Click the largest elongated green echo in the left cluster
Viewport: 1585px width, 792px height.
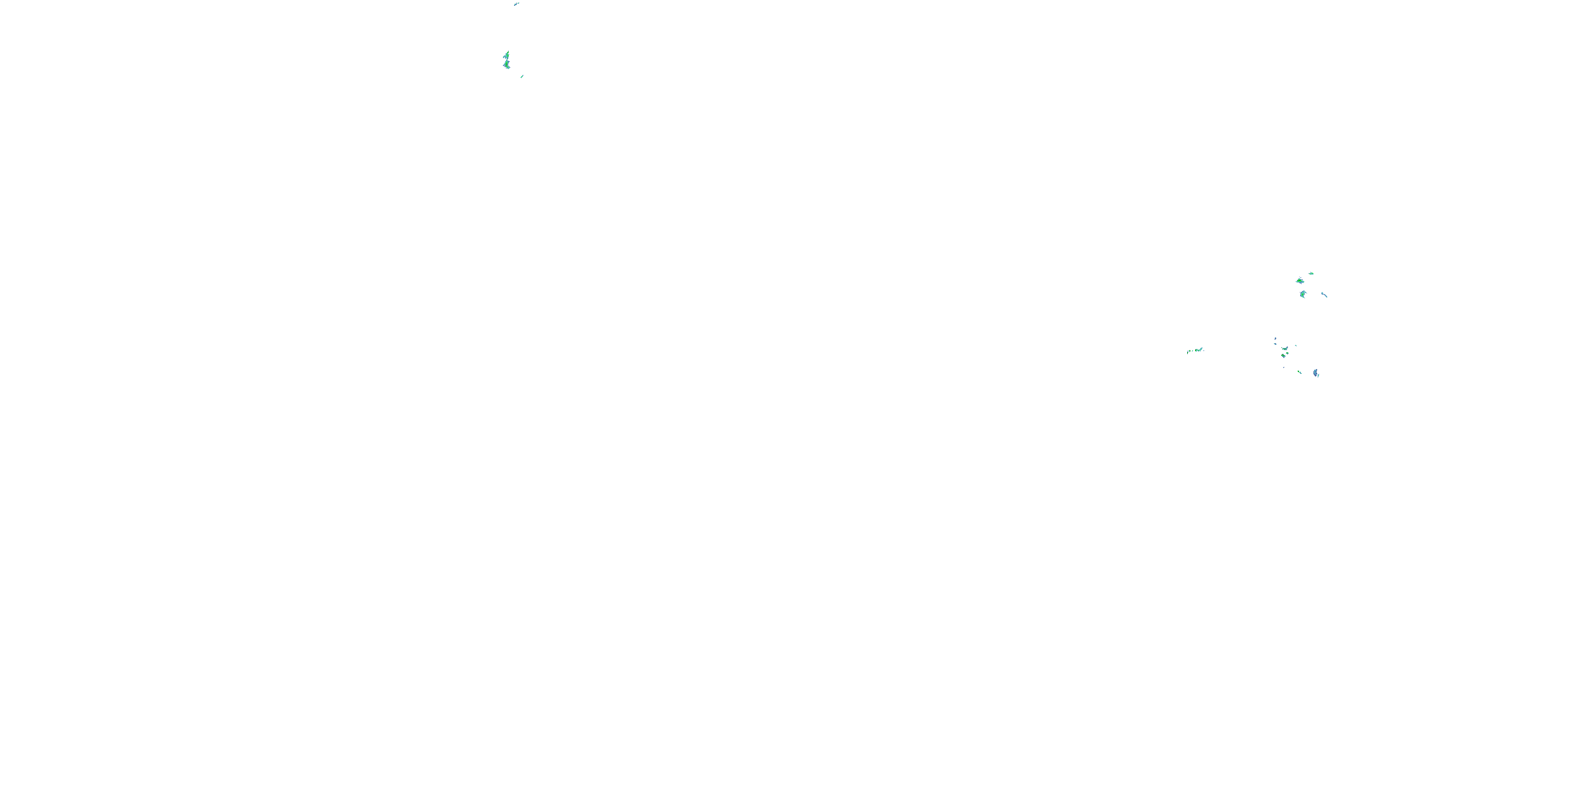click(x=506, y=61)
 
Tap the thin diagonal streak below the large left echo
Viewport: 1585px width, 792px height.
click(x=522, y=76)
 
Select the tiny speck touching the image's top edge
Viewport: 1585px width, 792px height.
click(x=516, y=4)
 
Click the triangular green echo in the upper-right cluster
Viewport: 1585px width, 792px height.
click(x=1300, y=281)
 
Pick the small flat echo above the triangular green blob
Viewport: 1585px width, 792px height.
click(x=1311, y=273)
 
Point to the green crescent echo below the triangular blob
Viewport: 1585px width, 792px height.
click(x=1302, y=295)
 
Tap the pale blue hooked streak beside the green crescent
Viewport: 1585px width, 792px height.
click(x=1324, y=295)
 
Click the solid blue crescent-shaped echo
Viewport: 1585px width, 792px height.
click(x=1316, y=373)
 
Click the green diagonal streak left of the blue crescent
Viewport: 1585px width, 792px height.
click(x=1300, y=372)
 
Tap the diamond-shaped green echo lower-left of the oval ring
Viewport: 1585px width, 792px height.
click(x=1283, y=355)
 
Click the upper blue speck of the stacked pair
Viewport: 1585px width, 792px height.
click(x=1275, y=338)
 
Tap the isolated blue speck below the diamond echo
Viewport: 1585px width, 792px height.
click(x=1283, y=367)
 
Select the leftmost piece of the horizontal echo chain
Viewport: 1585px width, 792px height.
click(x=1188, y=352)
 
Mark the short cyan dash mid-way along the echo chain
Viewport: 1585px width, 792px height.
click(x=1192, y=351)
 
